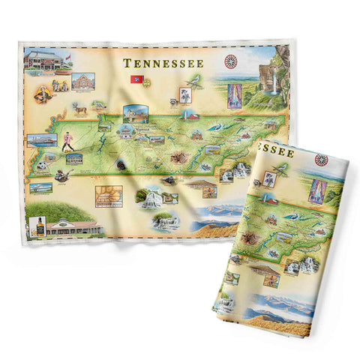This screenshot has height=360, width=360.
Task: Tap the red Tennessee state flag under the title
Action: [136, 79]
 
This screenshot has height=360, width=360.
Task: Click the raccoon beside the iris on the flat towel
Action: [166, 100]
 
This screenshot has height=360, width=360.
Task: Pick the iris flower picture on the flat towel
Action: [183, 96]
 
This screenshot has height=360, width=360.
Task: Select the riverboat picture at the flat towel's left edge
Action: [41, 139]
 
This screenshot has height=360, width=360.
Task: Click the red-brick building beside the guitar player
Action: [84, 82]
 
